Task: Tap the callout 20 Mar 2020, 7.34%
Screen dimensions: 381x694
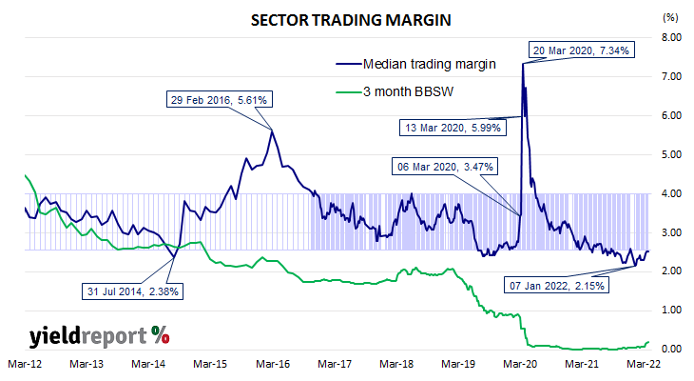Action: [580, 50]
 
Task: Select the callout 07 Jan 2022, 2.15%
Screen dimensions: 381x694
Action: [554, 285]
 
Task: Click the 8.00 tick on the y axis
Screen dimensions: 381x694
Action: [671, 37]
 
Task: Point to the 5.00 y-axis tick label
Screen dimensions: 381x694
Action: [671, 154]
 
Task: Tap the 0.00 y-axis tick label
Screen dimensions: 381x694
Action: [671, 349]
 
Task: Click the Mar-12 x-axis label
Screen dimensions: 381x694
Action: [23, 364]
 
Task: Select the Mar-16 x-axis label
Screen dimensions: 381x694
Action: [273, 364]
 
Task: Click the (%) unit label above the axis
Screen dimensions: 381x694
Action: [670, 17]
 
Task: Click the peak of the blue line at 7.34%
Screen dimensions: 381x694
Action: [523, 64]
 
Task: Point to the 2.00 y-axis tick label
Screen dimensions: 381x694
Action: [671, 271]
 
